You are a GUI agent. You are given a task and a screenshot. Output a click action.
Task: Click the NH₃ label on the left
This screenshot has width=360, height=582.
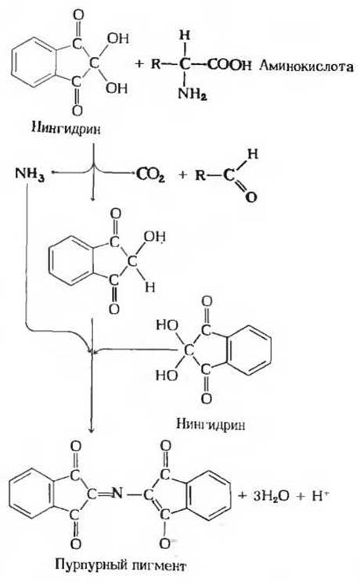tap(30, 174)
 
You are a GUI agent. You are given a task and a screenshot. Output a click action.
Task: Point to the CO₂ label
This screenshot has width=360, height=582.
tap(150, 174)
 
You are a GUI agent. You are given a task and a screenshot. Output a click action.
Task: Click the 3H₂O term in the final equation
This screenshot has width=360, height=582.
tap(271, 496)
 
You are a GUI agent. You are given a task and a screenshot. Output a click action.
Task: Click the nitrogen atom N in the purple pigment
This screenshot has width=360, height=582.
tap(117, 494)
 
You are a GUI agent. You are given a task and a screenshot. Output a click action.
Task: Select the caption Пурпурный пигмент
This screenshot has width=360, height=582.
tap(121, 566)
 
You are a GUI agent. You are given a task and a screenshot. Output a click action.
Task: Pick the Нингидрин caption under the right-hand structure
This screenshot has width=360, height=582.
tap(211, 424)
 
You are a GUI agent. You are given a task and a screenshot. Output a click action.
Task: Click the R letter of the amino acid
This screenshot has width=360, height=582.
tap(156, 65)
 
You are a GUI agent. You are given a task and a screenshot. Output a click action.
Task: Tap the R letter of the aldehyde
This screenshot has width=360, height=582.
tap(200, 174)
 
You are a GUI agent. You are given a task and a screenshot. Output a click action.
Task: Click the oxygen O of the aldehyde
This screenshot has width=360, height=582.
tap(251, 196)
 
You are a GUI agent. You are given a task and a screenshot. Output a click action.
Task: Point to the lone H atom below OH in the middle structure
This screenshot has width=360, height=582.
tap(149, 287)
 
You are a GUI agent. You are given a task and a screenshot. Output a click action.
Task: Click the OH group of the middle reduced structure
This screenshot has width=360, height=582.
tap(155, 237)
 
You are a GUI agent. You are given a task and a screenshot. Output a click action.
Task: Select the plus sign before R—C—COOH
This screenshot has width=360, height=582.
tap(139, 65)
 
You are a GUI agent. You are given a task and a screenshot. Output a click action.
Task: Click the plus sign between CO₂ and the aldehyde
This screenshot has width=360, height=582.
tap(182, 174)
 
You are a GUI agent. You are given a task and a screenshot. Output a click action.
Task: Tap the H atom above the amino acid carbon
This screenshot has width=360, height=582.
tap(184, 36)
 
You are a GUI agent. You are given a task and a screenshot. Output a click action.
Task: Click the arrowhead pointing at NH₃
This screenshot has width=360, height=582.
tap(53, 173)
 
